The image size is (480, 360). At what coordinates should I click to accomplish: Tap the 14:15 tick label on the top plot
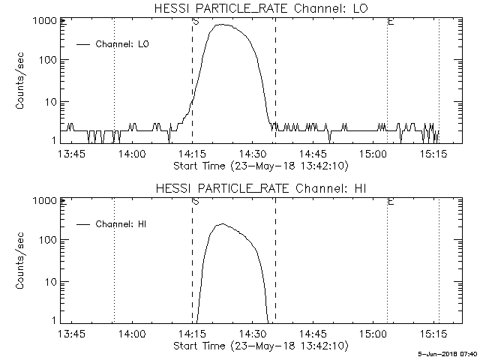(193, 154)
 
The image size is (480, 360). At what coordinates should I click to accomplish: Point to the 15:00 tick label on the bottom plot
(373, 334)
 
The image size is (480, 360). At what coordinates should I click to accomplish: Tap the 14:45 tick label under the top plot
(313, 154)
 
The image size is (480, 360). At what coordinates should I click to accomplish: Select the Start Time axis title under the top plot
(259, 166)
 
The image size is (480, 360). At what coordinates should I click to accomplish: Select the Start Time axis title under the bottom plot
(259, 346)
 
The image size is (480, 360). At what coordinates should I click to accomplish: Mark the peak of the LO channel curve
(223, 25)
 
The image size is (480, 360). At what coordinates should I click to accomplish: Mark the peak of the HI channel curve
(221, 223)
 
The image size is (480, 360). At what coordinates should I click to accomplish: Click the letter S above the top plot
(195, 21)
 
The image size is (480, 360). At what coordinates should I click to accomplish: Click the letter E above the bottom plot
(390, 201)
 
